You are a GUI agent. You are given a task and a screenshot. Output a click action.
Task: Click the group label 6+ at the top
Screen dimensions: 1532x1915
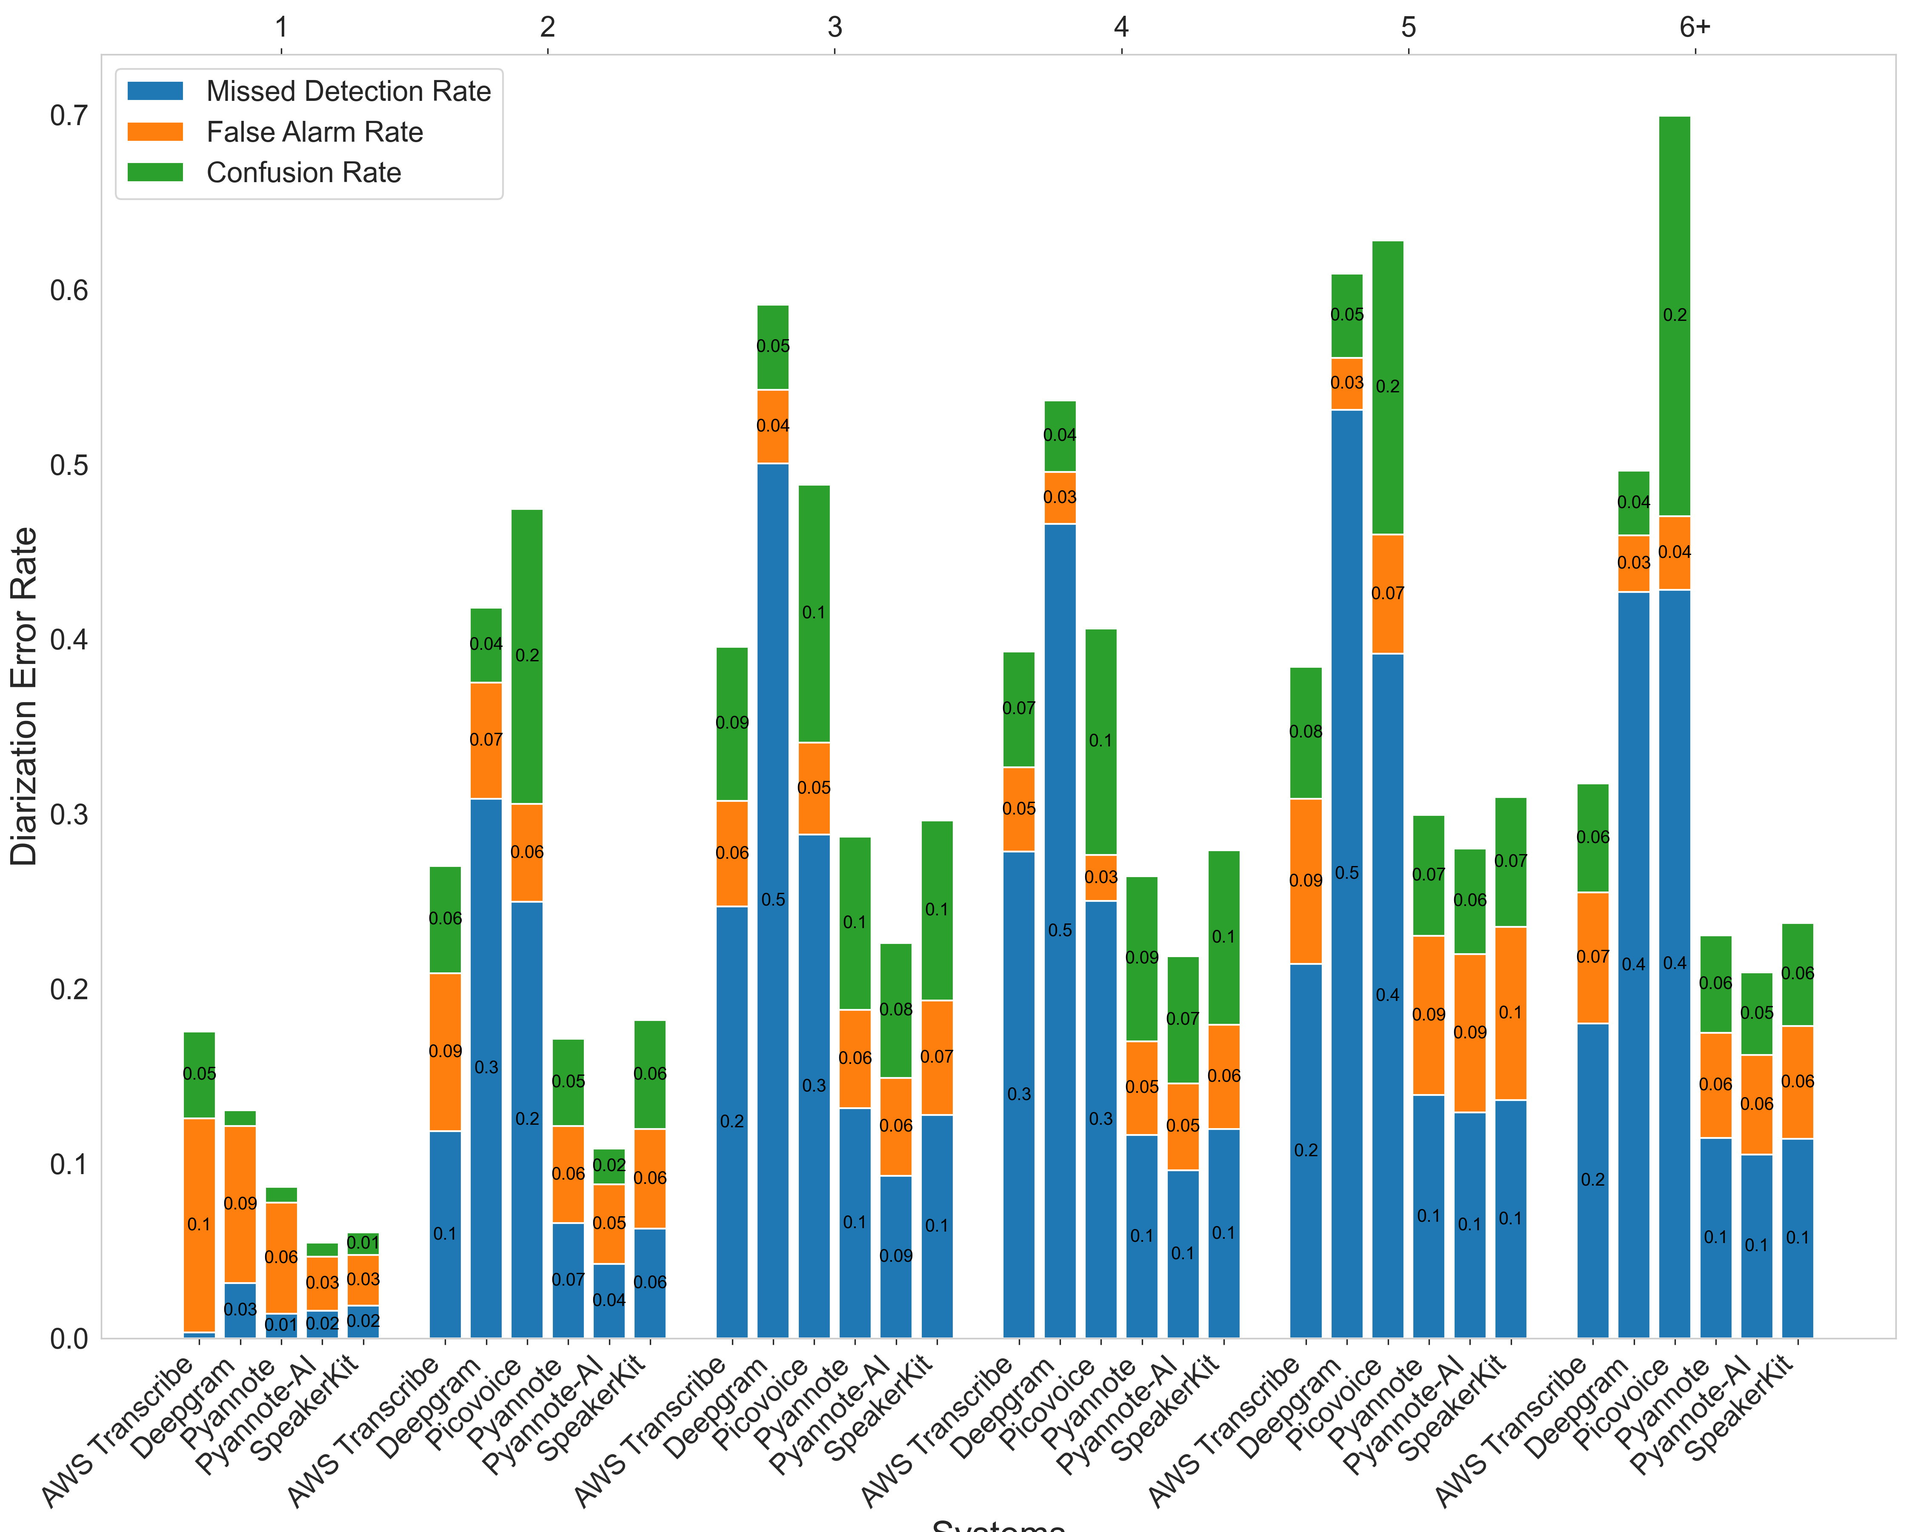[x=1694, y=28]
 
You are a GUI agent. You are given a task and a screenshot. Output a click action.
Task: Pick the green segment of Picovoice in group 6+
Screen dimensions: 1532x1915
[x=1674, y=315]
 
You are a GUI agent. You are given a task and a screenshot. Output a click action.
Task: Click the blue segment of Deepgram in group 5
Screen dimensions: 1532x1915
[x=1346, y=873]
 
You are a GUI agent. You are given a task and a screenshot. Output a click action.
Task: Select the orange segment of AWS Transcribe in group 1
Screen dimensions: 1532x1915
[x=199, y=1225]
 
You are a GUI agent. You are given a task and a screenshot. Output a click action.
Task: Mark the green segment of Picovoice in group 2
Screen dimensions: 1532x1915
[x=527, y=656]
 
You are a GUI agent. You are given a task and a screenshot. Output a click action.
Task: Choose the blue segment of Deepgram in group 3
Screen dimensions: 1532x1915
[x=773, y=900]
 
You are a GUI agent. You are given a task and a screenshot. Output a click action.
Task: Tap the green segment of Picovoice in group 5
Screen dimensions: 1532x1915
[x=1387, y=387]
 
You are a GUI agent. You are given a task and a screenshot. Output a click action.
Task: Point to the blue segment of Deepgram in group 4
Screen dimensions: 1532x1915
[x=1060, y=930]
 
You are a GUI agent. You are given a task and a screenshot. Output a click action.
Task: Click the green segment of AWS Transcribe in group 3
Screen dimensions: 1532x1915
[x=732, y=723]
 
